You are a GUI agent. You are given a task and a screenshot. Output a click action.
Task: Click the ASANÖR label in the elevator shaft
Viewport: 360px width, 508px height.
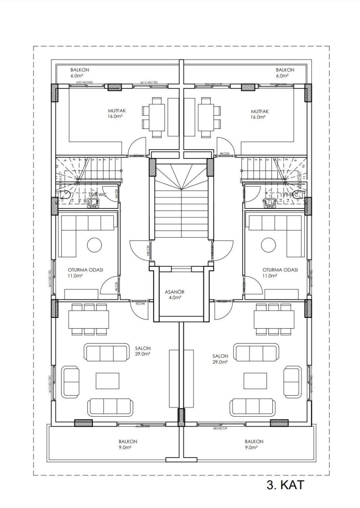coord(175,294)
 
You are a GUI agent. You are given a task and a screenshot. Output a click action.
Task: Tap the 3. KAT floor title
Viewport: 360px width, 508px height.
coord(285,485)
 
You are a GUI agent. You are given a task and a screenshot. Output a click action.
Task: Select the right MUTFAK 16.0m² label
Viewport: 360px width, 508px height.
coord(260,114)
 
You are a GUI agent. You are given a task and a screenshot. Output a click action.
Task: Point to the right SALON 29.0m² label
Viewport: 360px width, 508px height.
coord(220,359)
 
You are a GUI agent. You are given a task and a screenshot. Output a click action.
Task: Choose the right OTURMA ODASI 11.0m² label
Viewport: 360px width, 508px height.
coord(280,272)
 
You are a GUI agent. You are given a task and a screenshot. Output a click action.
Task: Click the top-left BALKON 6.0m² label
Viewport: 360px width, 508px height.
coord(79,72)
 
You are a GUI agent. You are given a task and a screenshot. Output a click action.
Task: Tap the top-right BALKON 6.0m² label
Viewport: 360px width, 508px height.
coord(285,72)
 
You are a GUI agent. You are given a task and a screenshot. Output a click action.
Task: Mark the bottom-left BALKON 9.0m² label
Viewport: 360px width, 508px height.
coord(128,444)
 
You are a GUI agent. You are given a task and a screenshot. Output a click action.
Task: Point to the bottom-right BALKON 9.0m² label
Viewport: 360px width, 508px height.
coord(254,444)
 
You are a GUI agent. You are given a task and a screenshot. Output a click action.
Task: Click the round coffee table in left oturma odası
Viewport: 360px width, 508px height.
coord(94,244)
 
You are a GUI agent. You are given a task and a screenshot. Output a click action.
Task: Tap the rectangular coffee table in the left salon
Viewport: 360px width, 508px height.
coord(107,380)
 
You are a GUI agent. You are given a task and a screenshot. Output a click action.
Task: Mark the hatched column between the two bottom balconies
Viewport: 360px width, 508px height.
coord(181,418)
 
